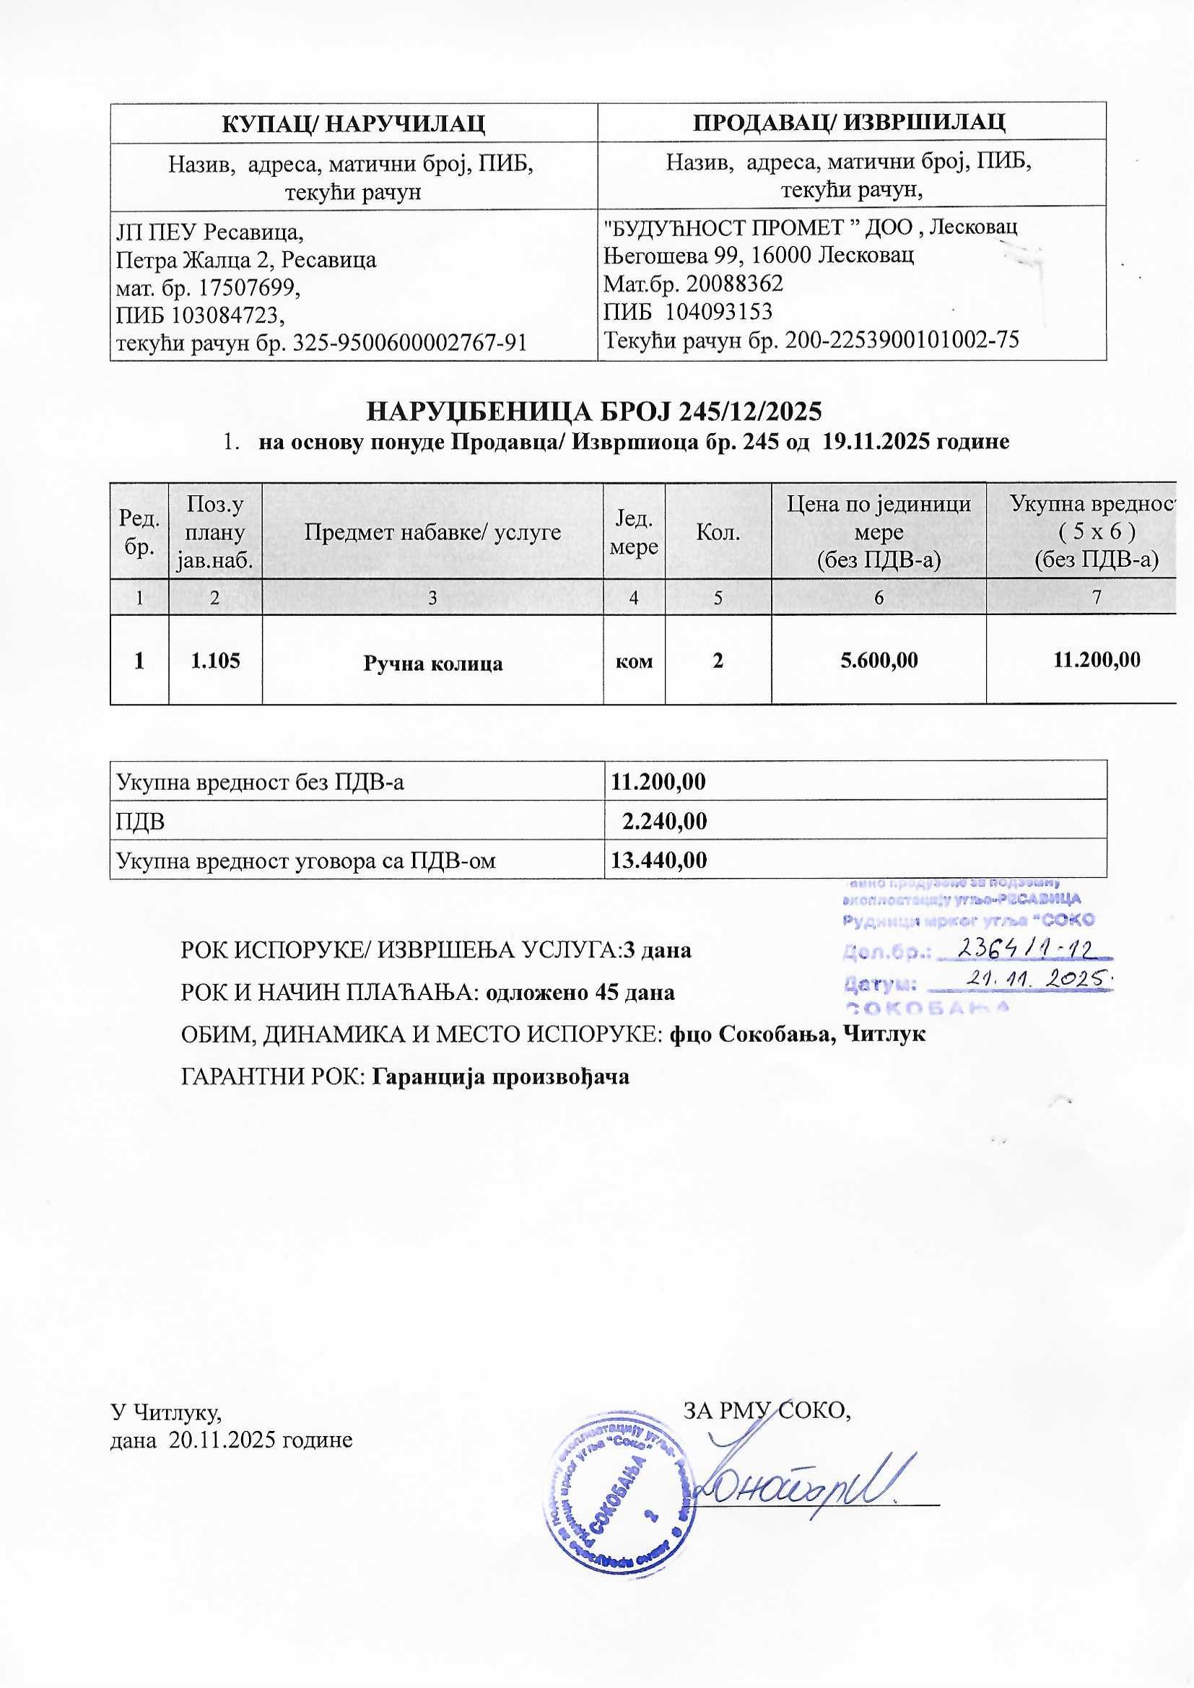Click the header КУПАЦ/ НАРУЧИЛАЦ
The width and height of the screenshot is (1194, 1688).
(x=353, y=122)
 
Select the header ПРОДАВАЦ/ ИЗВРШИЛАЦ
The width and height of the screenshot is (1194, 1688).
(x=850, y=121)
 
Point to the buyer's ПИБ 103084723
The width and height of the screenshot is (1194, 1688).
(x=199, y=316)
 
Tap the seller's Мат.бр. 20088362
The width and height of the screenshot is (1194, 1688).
(x=692, y=283)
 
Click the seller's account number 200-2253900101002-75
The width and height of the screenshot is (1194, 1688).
(x=902, y=339)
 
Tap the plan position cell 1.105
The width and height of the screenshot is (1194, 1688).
(x=215, y=661)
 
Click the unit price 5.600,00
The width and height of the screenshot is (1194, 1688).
(x=879, y=660)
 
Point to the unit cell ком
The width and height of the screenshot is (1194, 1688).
(x=634, y=661)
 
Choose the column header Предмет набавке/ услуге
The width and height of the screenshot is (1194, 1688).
(x=432, y=531)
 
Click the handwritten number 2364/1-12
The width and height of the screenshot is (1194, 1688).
(x=1027, y=951)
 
